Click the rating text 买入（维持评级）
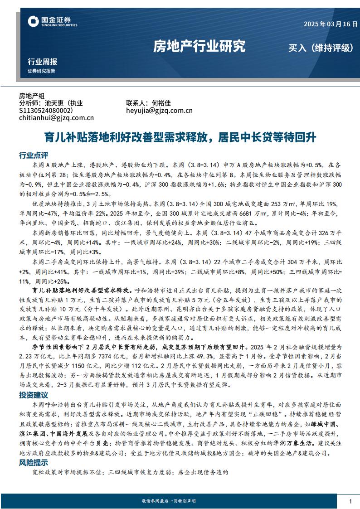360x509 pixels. click(x=321, y=48)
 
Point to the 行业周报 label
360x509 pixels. click(x=42, y=62)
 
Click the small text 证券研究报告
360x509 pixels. click(x=41, y=71)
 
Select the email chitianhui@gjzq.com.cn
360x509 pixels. click(x=56, y=118)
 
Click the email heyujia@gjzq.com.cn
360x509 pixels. click(x=159, y=110)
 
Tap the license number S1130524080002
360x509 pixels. click(x=45, y=110)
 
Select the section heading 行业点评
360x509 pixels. click(x=33, y=155)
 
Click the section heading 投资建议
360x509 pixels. click(x=33, y=395)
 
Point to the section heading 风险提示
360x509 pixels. click(x=33, y=463)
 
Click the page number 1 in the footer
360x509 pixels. click(x=350, y=501)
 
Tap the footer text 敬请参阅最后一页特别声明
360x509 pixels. click(x=169, y=501)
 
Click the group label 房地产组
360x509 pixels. click(x=32, y=96)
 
